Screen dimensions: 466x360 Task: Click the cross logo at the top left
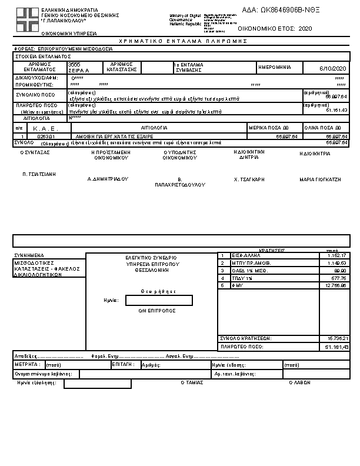pos(26,19)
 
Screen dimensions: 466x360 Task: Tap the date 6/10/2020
pos(335,69)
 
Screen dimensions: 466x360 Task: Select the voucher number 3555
pos(74,64)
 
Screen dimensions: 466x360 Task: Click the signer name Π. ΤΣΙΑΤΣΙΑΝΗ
pos(39,174)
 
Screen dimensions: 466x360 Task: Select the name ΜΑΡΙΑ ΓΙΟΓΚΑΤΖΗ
pos(320,179)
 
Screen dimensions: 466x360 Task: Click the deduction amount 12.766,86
pos(335,285)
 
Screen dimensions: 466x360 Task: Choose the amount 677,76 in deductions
pos(338,278)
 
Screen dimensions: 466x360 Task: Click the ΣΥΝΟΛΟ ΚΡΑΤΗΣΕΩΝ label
pos(245,339)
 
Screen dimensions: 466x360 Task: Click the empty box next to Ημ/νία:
pos(159,301)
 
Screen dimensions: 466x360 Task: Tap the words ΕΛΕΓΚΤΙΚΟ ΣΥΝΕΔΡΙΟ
pos(151,258)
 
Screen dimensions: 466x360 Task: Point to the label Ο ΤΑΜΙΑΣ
pos(192,382)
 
